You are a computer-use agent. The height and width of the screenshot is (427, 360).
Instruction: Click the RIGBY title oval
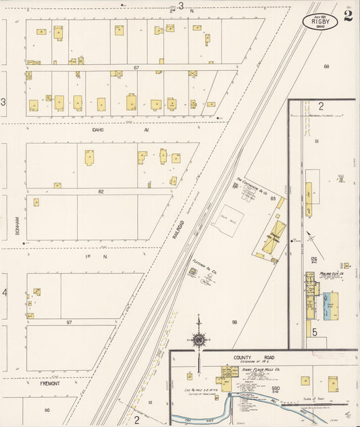click(319, 22)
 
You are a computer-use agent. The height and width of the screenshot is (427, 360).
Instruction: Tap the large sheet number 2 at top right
click(347, 16)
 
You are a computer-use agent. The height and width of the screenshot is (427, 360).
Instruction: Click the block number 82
click(101, 192)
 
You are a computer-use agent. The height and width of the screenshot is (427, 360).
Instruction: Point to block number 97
click(69, 323)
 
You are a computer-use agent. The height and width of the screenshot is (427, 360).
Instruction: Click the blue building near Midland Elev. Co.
click(331, 306)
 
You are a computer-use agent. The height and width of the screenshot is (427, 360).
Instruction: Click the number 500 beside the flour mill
click(275, 388)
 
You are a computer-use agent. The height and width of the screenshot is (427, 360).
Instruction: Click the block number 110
click(47, 410)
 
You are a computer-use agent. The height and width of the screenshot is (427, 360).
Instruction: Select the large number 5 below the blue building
click(314, 332)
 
